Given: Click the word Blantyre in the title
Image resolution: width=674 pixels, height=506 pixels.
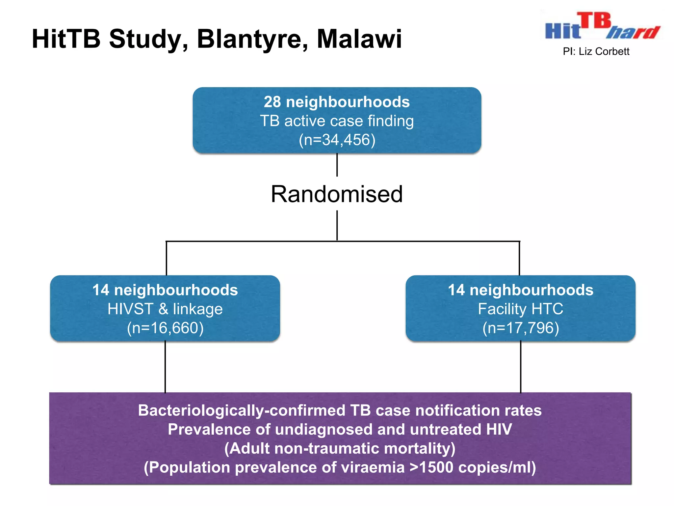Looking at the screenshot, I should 252,40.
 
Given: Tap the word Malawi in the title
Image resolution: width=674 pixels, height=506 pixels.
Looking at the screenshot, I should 359,39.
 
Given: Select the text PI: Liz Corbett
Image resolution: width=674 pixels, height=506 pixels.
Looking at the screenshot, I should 596,52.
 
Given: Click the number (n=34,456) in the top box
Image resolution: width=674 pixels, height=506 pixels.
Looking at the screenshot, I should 337,140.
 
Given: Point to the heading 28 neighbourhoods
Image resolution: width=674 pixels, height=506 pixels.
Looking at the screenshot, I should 337,102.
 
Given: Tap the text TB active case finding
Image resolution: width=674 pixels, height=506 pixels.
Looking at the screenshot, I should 337,121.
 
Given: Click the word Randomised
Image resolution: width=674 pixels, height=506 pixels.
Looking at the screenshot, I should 337,194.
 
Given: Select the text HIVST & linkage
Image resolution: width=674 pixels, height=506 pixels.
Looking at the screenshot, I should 165,309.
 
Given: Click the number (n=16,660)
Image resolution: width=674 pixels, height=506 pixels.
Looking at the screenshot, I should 165,328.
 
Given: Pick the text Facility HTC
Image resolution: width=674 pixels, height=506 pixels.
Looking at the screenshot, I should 520,309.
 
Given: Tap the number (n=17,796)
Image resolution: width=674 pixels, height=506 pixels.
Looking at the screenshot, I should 520,328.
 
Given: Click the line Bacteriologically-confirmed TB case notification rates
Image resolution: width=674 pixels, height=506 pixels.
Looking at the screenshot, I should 340,410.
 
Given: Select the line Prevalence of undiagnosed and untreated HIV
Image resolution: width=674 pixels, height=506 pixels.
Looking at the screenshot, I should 340,430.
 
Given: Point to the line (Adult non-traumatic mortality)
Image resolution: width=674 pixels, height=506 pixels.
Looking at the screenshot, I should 340,449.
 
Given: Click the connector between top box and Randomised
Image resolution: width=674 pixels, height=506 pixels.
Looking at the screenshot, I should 337,165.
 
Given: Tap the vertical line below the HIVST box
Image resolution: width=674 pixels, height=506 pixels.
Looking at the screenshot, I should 165,367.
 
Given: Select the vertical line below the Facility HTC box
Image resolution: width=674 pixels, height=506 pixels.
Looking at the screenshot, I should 521,367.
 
